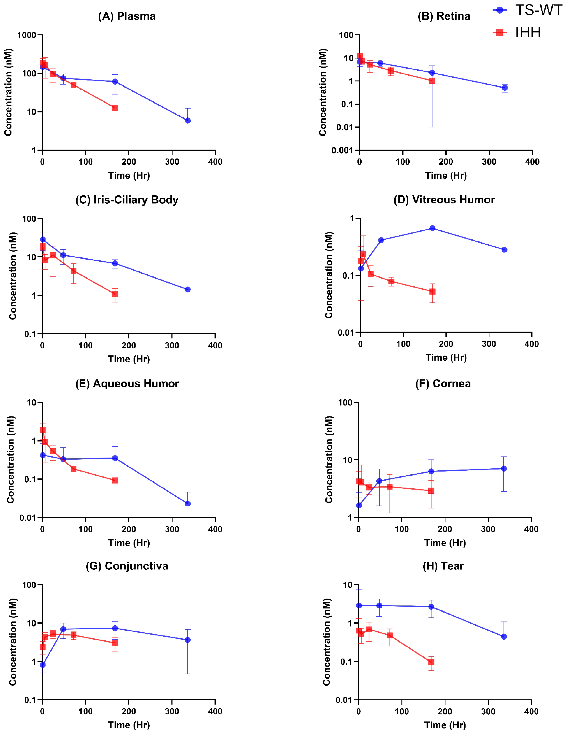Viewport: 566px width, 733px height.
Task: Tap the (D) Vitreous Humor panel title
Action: [444, 200]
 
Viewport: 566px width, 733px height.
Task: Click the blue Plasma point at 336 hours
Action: [188, 120]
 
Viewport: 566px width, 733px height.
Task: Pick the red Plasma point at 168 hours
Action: [115, 108]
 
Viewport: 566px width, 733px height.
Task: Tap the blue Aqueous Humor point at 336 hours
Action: [188, 503]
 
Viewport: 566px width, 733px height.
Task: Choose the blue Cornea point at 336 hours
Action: [504, 469]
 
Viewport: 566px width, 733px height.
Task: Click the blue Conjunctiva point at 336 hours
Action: [188, 640]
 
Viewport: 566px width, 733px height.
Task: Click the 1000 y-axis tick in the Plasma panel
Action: [27, 35]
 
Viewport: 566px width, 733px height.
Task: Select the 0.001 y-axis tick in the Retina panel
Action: [342, 150]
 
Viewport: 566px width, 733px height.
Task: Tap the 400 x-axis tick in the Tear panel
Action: [531, 711]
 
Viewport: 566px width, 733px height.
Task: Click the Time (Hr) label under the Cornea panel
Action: [445, 543]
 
